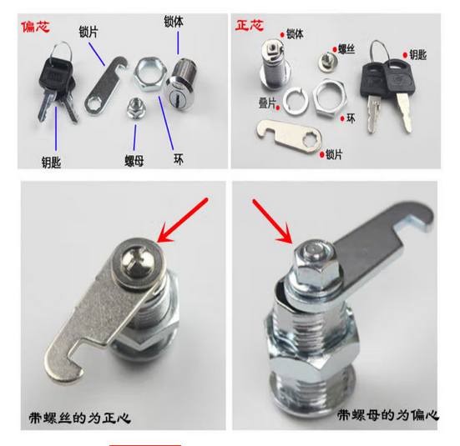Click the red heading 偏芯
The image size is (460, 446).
(36, 27)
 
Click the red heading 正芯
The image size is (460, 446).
(250, 25)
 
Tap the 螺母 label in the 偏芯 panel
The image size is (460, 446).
(134, 161)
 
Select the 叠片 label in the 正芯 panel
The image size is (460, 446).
(267, 103)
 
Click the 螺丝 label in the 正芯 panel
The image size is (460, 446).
(346, 49)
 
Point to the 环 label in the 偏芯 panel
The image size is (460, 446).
(179, 159)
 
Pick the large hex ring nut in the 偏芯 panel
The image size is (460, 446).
(150, 74)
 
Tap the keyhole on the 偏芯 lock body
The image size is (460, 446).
(177, 95)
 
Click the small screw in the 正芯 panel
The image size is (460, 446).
(327, 61)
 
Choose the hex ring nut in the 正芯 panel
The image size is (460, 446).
(330, 98)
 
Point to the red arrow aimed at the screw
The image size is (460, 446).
(183, 220)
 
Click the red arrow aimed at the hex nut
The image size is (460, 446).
(272, 221)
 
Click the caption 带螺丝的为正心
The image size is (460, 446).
(79, 418)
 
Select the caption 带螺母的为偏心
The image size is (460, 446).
(388, 415)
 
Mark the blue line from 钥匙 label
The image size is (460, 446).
(56, 128)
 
